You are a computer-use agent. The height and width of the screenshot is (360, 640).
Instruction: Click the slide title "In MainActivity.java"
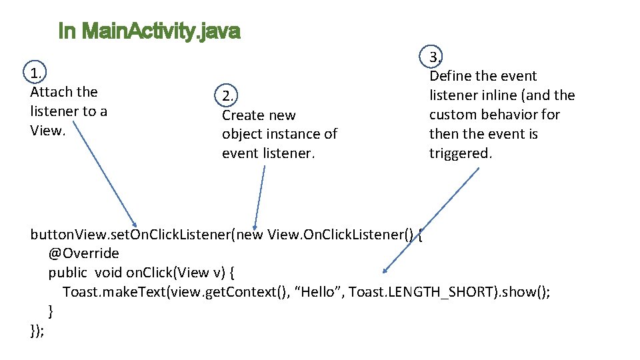149,31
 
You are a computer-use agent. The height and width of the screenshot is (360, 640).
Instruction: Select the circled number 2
229,96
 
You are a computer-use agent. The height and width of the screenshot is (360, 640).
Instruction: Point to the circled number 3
435,57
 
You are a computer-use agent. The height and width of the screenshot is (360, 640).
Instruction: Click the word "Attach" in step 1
51,92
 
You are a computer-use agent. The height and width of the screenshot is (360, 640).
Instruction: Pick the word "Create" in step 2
243,115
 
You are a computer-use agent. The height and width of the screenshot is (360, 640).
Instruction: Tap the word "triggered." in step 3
460,153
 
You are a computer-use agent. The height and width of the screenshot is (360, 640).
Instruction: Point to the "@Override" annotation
83,253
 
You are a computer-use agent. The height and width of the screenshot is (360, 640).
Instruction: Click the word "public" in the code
67,273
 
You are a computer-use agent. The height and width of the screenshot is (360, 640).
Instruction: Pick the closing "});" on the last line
38,330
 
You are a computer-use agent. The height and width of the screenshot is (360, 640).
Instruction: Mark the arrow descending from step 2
259,196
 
